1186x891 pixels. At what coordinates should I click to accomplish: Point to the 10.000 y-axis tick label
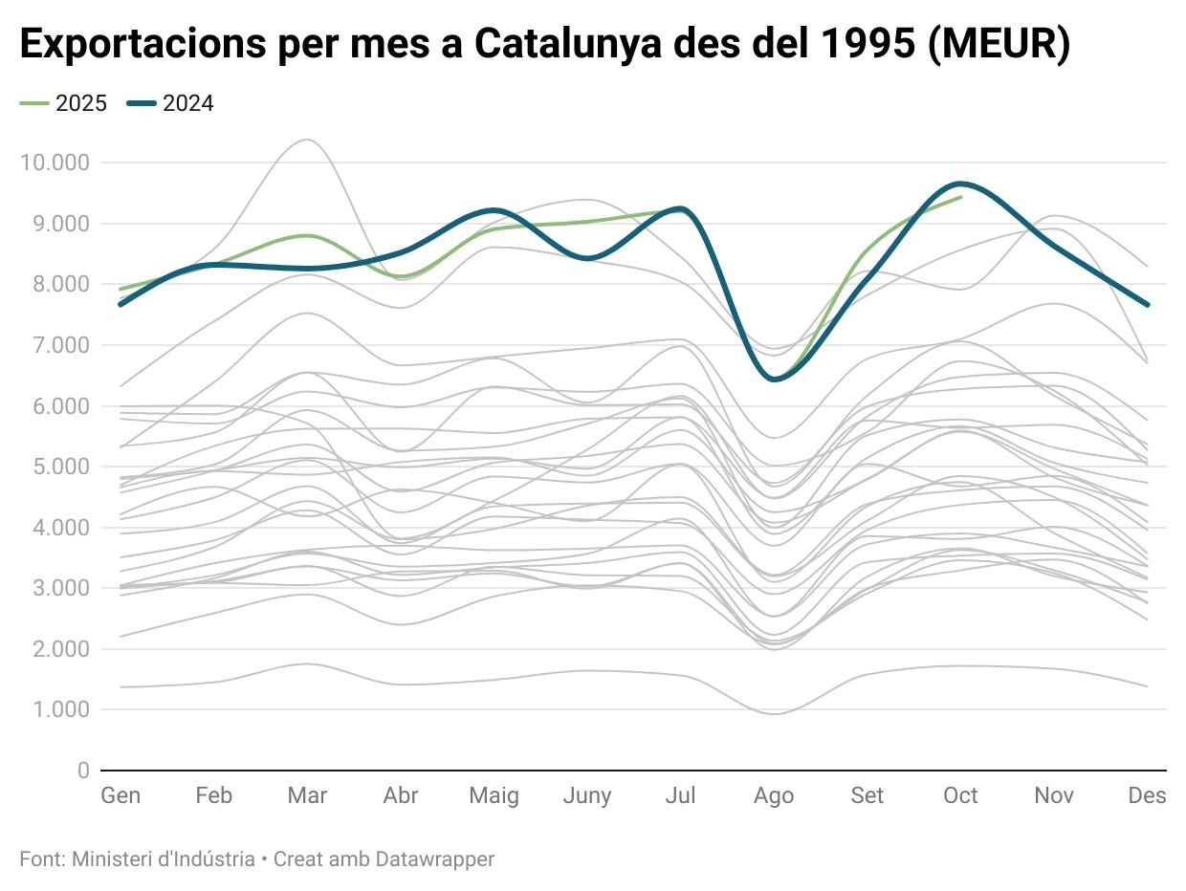[x=55, y=163]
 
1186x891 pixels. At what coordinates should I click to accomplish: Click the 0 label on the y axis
[x=83, y=771]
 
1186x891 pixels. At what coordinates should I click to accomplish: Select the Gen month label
[x=121, y=795]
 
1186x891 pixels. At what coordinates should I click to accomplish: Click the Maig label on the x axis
[x=494, y=795]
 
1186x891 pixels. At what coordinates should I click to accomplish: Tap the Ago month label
[x=774, y=795]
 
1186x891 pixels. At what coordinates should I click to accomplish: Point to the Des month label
[x=1147, y=795]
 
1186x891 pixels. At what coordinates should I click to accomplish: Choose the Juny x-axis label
[x=587, y=795]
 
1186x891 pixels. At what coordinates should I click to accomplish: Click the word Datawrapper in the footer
[x=435, y=859]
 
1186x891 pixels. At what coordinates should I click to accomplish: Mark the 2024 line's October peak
[x=960, y=183]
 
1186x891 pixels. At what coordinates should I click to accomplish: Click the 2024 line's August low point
[x=774, y=380]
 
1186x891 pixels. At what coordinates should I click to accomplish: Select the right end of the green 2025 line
[x=960, y=197]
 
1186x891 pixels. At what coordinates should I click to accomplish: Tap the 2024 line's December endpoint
[x=1147, y=305]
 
